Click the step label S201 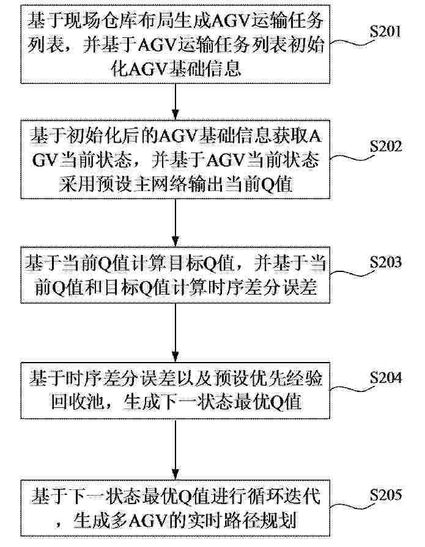point(385,32)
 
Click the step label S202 point(386,146)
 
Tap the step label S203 point(386,262)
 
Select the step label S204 point(386,378)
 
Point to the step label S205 point(386,495)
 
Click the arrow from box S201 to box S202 point(176,102)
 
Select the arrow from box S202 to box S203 point(176,222)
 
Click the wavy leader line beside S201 point(350,42)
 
